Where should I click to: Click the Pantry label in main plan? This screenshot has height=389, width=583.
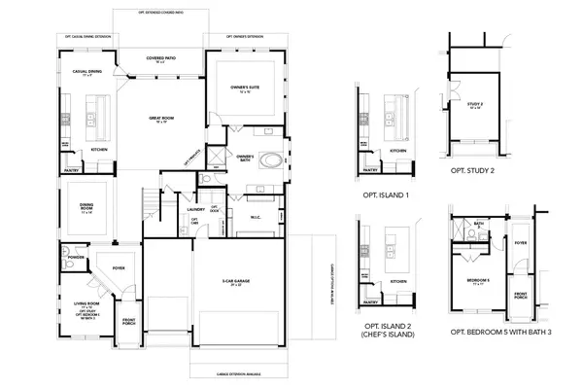[72, 170]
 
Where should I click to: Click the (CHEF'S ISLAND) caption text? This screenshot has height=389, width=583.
[386, 335]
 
